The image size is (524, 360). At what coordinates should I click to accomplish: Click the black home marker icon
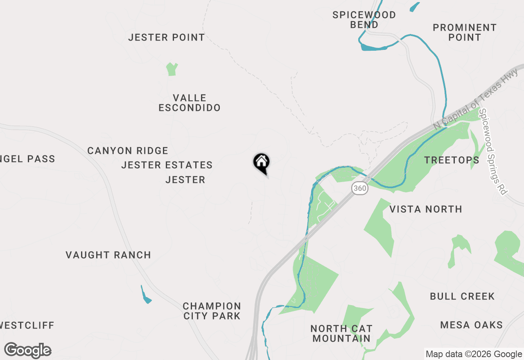click(261, 163)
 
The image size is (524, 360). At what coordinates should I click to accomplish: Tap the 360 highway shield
click(359, 189)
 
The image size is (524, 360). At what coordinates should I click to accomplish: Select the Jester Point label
click(166, 37)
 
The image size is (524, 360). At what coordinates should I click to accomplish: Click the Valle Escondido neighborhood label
click(190, 103)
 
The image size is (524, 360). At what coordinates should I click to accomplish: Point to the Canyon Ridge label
click(128, 151)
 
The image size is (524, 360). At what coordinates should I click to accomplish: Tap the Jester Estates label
click(167, 165)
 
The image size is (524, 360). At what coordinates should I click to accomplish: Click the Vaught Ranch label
click(108, 255)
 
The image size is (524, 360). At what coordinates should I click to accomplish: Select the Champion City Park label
click(212, 311)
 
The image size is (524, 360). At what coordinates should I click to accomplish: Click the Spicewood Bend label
click(364, 20)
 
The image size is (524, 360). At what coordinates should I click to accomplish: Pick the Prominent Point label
click(465, 32)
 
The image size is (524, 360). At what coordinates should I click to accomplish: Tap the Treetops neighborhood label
click(452, 160)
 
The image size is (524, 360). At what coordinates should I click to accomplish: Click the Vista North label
click(426, 209)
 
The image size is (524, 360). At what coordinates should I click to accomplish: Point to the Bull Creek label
click(462, 296)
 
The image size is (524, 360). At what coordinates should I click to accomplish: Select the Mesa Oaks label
click(472, 325)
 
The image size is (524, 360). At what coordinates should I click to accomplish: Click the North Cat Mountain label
click(341, 333)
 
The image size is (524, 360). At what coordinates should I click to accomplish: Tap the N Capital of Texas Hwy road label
click(476, 99)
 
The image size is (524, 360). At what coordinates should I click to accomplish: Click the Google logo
click(28, 350)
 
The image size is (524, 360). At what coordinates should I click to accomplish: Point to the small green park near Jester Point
click(172, 69)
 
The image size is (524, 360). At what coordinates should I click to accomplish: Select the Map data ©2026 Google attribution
click(474, 354)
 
